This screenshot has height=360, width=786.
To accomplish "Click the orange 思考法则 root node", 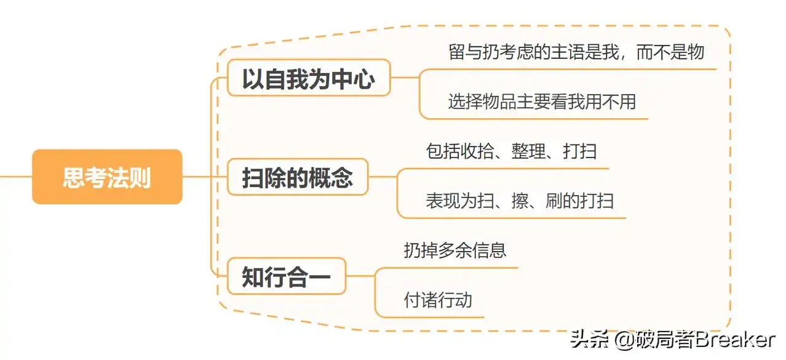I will pos(107,177).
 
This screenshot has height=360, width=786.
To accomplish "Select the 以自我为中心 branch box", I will pos(308,78).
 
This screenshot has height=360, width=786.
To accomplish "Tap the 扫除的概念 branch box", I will pos(298,177).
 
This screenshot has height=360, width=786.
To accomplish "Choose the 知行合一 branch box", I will pos(286,276).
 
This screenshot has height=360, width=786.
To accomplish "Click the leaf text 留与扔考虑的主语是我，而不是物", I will pos(576,52).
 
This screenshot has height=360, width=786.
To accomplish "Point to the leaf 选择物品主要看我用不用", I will pos(541,101).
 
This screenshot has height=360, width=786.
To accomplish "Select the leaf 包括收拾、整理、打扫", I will pos(511,151).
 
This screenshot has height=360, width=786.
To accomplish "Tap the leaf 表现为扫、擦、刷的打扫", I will pos(519,201).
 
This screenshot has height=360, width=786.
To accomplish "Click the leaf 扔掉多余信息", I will pos(455,250).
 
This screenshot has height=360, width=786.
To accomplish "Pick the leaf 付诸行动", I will pos(438,300).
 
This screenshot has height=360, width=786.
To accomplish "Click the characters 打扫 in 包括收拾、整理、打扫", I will pos(579,151).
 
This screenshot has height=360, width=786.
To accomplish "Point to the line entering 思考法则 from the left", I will pos(15,177).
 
